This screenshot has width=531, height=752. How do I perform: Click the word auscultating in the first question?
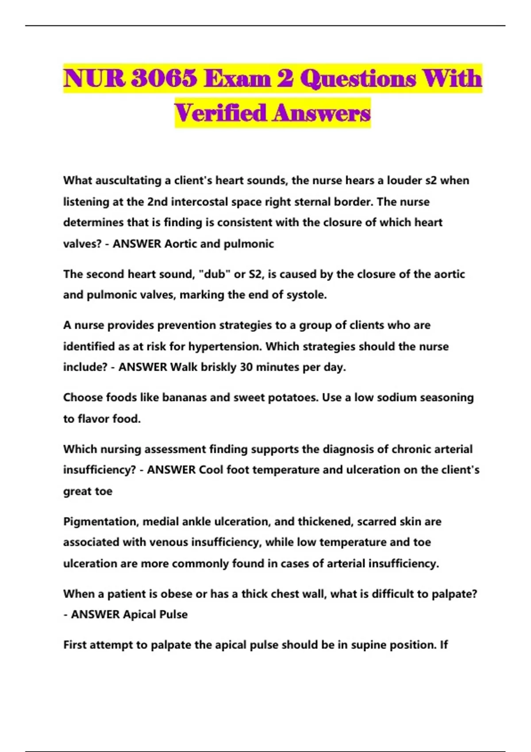point(128,180)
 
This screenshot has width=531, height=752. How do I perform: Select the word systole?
point(307,295)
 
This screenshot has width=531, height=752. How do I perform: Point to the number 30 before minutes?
point(246,367)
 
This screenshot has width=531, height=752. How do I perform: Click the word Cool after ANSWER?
point(211,470)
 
